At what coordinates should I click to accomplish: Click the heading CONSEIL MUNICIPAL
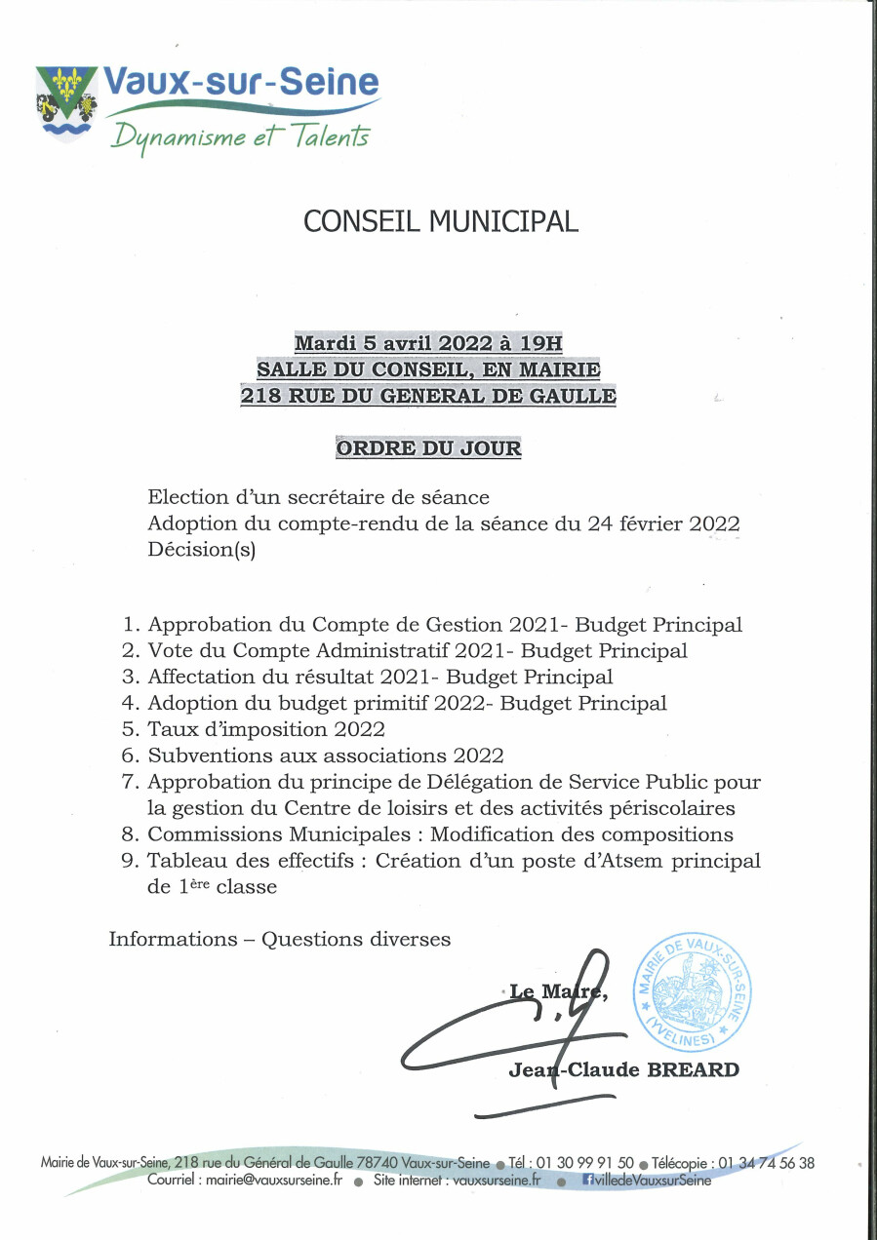coord(441,221)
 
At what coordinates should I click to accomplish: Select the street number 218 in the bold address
coord(259,396)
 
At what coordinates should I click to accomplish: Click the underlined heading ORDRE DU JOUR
coord(428,448)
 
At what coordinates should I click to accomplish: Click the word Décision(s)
coord(201,549)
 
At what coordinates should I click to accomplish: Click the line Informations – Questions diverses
coord(280,940)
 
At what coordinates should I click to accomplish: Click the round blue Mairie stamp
coord(686,989)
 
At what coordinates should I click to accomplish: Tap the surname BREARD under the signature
coord(698,1070)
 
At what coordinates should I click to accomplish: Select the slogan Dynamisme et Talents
coord(240,136)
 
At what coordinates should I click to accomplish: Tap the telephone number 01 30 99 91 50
coord(584,1163)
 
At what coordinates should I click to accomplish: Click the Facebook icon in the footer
coord(588,1180)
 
